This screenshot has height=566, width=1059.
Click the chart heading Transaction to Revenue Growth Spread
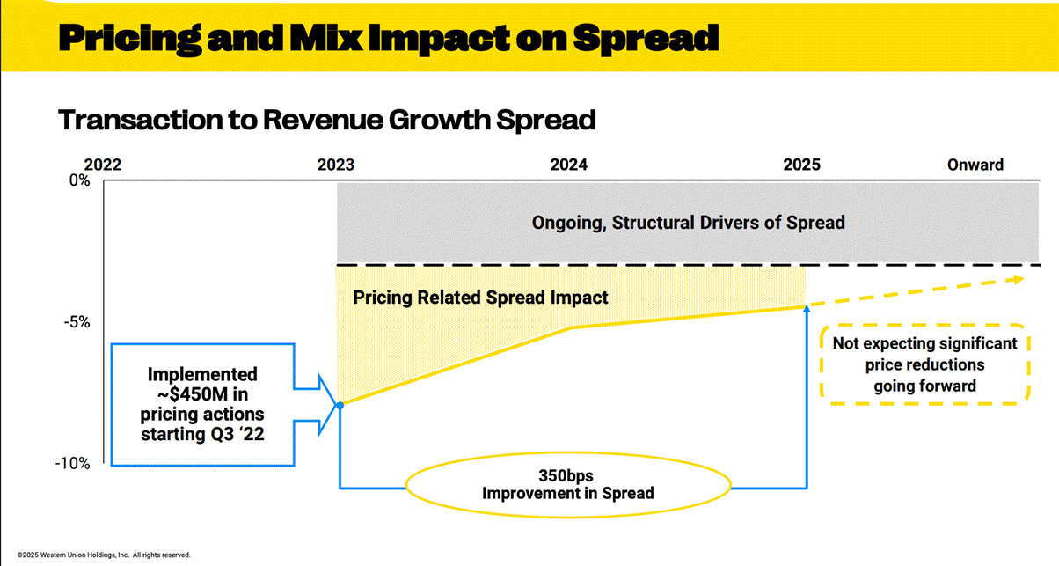coord(326,120)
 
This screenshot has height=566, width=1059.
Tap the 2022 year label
coord(103,165)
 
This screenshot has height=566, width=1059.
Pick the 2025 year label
coord(801,165)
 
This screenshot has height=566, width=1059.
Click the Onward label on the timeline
coord(975,165)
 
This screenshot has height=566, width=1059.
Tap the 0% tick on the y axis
coord(80,181)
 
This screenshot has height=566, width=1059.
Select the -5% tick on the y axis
coord(78,322)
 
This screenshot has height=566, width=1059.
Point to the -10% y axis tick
coord(75,464)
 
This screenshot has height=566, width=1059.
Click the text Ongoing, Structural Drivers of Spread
coord(688,223)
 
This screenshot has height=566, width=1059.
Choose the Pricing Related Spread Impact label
coord(480,298)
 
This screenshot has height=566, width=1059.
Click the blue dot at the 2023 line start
coord(340,405)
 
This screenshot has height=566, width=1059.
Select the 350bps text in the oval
coord(567,476)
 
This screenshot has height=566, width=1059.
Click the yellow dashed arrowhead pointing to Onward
coord(1019,279)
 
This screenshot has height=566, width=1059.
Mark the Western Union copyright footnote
coord(104,555)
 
